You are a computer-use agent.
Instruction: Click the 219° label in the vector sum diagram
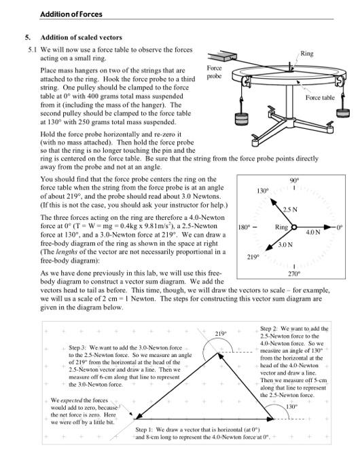220,333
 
